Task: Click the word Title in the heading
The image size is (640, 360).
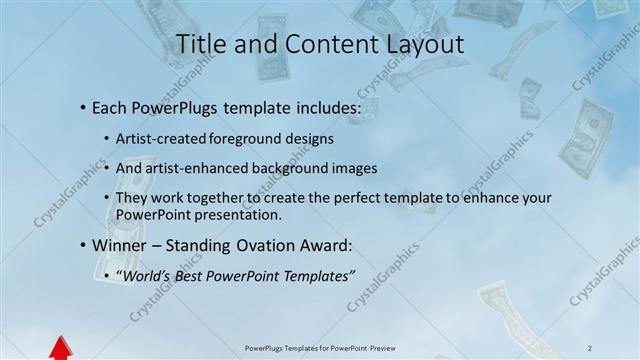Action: tap(201, 44)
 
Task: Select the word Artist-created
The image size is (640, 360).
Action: tap(160, 139)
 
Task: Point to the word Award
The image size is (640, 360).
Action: tap(329, 244)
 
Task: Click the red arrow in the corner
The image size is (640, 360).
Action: tap(60, 348)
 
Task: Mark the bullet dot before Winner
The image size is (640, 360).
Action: tap(82, 245)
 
